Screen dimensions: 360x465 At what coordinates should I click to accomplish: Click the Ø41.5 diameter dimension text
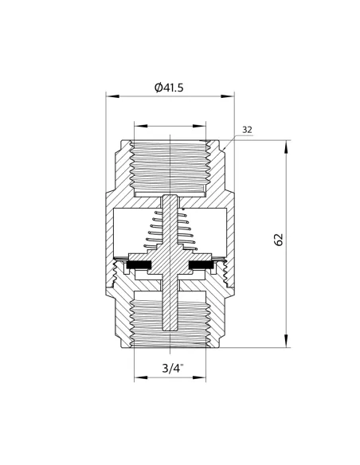click(169, 88)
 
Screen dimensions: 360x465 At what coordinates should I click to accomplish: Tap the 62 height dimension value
click(279, 240)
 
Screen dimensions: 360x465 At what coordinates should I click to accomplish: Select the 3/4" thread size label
click(173, 369)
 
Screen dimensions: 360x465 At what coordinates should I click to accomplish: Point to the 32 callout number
click(247, 130)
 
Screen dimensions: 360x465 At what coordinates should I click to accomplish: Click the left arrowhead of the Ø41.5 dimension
click(112, 96)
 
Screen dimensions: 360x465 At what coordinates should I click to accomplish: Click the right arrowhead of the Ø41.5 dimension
click(228, 96)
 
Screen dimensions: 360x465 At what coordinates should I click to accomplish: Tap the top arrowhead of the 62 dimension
click(286, 147)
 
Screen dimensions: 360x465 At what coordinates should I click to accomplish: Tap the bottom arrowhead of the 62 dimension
click(286, 341)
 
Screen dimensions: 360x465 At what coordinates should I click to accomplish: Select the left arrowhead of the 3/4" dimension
click(140, 377)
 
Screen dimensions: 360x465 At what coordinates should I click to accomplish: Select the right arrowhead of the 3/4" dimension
click(199, 377)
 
